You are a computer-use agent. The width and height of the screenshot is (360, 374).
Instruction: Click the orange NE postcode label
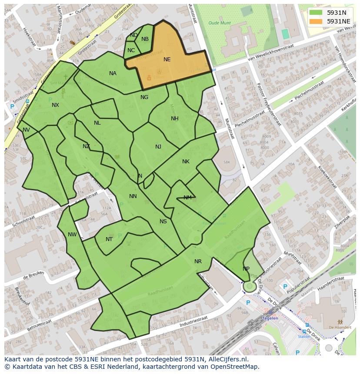point(167,60)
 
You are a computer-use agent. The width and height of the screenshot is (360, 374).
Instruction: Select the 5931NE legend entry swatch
point(316,21)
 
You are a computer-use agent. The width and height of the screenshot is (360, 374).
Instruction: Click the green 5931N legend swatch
point(316,13)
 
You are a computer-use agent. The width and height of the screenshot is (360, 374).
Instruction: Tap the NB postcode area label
point(145,39)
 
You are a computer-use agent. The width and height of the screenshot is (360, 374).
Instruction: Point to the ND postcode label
point(134,35)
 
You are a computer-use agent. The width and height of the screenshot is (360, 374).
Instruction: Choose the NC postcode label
point(131,50)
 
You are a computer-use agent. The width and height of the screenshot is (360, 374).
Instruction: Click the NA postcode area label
point(113,73)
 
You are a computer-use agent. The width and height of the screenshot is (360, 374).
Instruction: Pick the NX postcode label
point(55,105)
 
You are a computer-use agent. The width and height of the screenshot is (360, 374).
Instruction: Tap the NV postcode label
point(26,130)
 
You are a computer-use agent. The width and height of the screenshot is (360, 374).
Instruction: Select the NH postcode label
point(174,119)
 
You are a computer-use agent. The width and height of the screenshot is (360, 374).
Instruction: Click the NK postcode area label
point(186,162)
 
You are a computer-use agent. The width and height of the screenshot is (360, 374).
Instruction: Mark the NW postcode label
point(72,235)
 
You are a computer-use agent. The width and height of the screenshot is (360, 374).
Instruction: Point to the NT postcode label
point(109,239)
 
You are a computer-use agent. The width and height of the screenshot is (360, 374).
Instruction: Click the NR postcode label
point(198,261)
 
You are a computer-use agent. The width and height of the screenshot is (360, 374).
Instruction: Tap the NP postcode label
point(246,269)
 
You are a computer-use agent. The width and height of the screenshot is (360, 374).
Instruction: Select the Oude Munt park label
point(219,23)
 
